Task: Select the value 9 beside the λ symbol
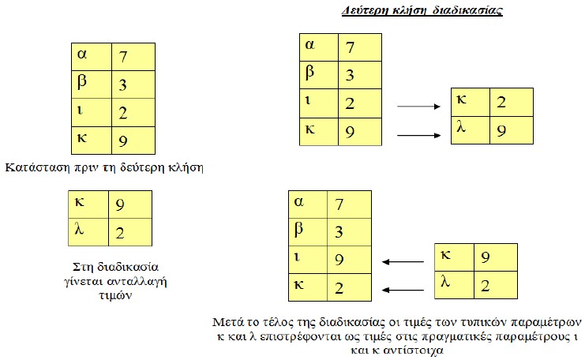[x=501, y=130]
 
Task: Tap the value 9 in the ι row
[x=339, y=260]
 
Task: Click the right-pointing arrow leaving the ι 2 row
[x=418, y=107]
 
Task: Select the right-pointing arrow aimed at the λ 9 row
[x=418, y=135]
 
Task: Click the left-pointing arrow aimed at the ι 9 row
[x=403, y=262]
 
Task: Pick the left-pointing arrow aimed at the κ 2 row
[x=403, y=290]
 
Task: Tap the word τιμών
[x=115, y=295]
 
